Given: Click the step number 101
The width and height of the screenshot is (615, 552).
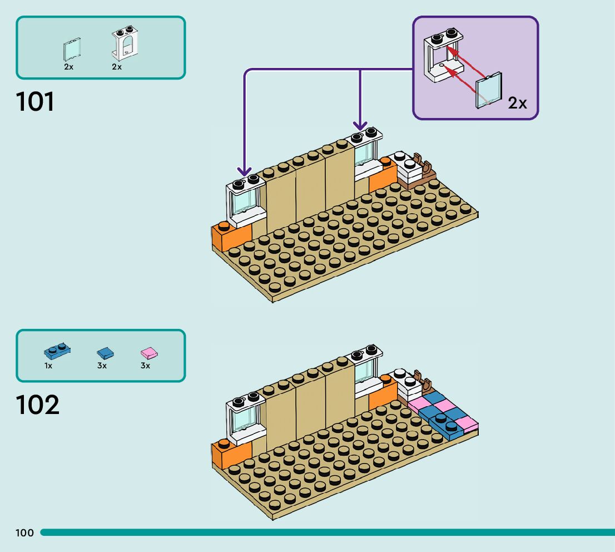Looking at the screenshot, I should (x=36, y=102).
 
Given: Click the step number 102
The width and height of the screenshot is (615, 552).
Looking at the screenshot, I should (x=37, y=406).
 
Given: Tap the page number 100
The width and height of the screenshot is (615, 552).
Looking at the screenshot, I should (x=24, y=533).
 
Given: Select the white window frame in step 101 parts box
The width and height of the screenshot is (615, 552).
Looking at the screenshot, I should (x=125, y=43).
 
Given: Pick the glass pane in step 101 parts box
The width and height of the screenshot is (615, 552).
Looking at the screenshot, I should (x=72, y=50).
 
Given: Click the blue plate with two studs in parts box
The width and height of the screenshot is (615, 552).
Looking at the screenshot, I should (x=57, y=351).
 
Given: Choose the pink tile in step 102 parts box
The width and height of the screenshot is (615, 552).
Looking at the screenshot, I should (x=148, y=352).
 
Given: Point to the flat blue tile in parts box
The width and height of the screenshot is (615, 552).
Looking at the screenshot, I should (x=104, y=352).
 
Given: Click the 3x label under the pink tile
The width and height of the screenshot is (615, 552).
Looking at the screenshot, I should (x=145, y=366).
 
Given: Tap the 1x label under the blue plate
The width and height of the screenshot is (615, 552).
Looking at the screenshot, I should (x=48, y=366).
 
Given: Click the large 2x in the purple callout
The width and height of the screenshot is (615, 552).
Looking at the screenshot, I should (x=517, y=103).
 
